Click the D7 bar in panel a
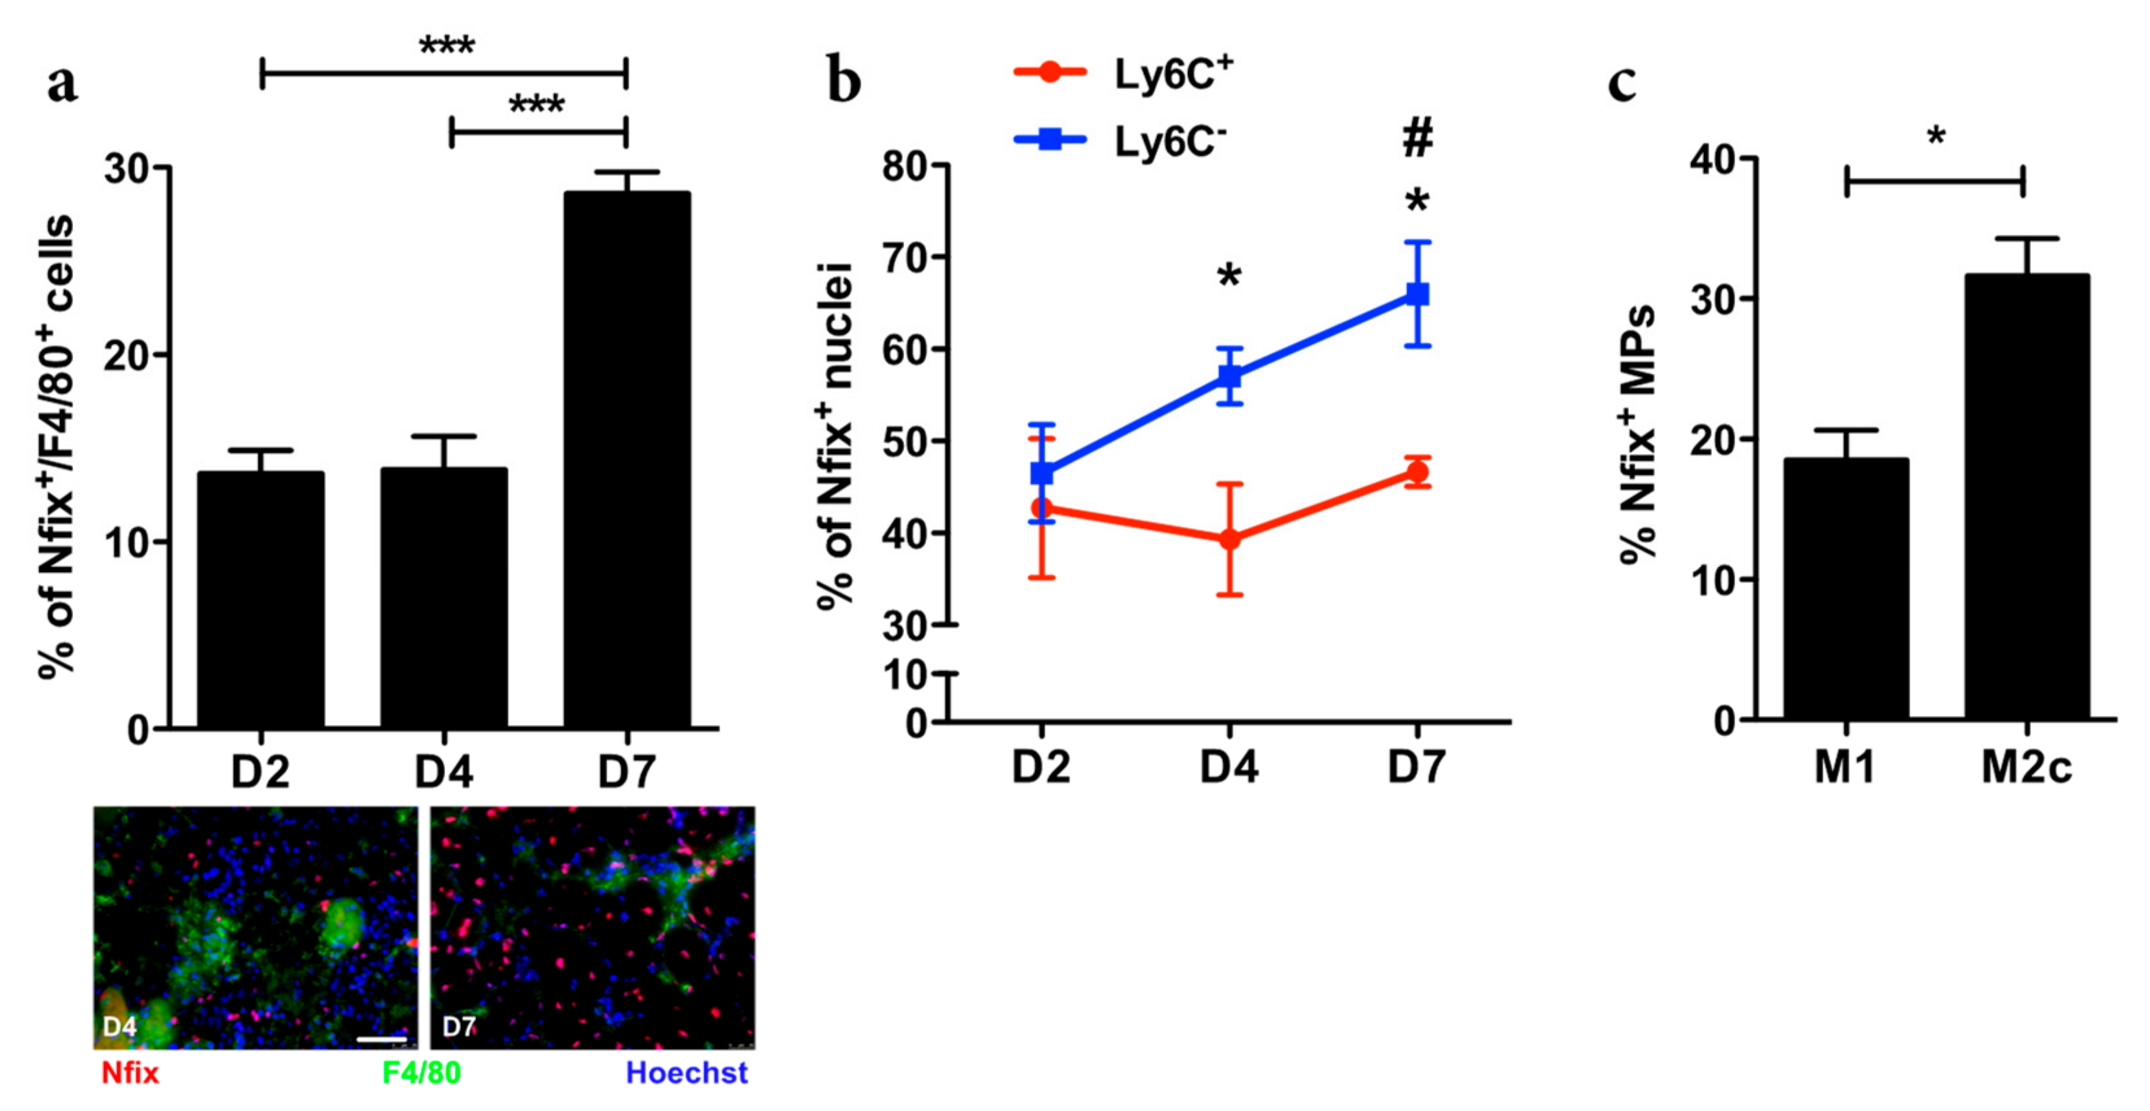[627, 459]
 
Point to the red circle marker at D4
[1229, 539]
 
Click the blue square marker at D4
[1229, 376]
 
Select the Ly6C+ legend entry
[1123, 74]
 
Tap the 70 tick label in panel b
[905, 258]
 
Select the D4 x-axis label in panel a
[444, 772]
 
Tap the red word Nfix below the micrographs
[130, 1072]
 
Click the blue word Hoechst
[686, 1072]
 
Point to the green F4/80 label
[422, 1072]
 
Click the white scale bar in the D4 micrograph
[382, 1040]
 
